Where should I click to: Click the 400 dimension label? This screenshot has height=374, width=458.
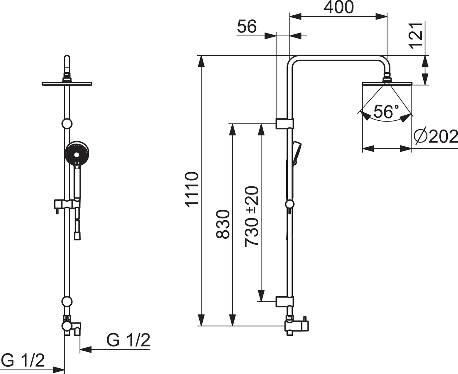point(339,7)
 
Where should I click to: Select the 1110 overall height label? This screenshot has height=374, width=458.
point(191,189)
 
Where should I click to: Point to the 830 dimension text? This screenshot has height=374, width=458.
point(223,224)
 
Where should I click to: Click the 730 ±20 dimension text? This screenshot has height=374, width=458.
point(252,216)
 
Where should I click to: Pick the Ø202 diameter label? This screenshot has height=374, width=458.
point(435,137)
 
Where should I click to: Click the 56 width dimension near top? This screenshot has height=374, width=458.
point(247,26)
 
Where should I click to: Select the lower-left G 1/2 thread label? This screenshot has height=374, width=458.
point(23,360)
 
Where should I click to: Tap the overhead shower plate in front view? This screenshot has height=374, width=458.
point(67,84)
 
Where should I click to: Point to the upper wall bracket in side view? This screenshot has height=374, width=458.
point(285,124)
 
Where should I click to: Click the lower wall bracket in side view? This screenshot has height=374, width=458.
point(285,302)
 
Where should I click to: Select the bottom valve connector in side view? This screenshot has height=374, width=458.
point(297,325)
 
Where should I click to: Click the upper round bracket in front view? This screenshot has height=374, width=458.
point(67,124)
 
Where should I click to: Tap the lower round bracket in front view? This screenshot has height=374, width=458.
point(67,302)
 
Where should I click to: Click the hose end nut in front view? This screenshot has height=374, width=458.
point(77,236)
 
